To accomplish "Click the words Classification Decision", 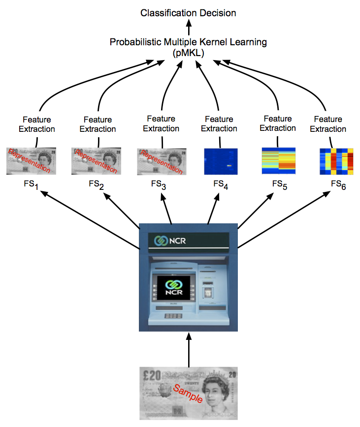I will (x=188, y=13).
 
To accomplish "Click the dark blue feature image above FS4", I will (x=221, y=161).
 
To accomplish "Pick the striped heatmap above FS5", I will (x=278, y=160).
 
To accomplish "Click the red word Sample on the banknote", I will (x=188, y=394).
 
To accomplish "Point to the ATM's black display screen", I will (x=172, y=290).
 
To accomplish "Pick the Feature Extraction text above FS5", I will (x=278, y=123).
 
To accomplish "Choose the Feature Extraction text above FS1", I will (x=37, y=124).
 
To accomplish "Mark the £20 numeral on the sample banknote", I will (x=150, y=375).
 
